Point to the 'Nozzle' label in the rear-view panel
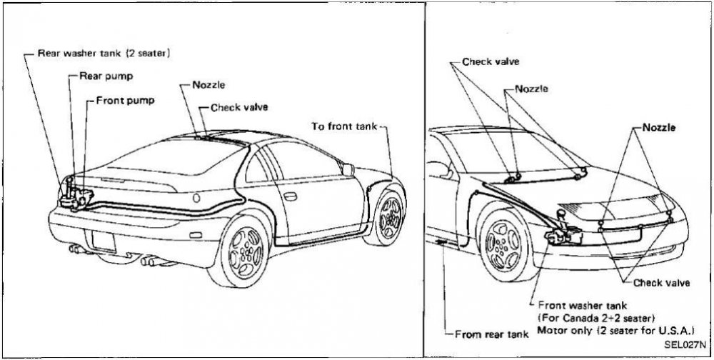pyautogui.click(x=208, y=85)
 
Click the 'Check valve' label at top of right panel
pyautogui.click(x=491, y=62)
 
